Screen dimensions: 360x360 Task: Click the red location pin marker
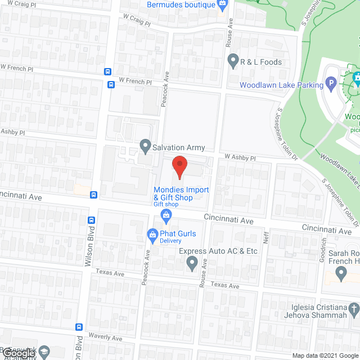pos(179,167)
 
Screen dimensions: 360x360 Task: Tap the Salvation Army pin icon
pos(145,148)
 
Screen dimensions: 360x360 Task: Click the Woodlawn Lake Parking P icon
pos(332,85)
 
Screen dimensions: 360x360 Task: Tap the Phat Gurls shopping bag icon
pos(152,235)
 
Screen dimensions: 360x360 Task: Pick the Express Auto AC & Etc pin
pos(192,262)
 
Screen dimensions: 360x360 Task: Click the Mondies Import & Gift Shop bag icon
pos(166,214)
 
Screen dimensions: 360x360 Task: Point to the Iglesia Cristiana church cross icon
pos(353,308)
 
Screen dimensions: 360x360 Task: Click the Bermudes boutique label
pos(181,4)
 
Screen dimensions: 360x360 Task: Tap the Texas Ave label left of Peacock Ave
pos(110,273)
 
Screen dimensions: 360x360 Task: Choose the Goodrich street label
pos(323,246)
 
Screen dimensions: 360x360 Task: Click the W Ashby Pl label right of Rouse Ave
pos(240,158)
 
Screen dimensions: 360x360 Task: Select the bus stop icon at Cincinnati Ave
pos(93,195)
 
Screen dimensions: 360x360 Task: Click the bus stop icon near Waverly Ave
pos(79,327)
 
